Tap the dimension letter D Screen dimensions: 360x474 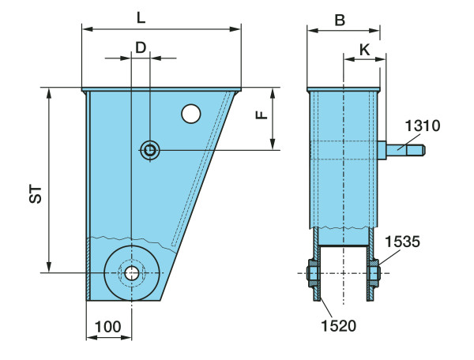point(141,47)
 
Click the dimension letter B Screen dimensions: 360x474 point(340,20)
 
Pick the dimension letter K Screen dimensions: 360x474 point(364,48)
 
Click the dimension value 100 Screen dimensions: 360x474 point(108,326)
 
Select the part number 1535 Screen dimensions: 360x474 point(403,241)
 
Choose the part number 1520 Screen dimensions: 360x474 point(339,324)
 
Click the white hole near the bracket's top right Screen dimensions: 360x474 point(190,114)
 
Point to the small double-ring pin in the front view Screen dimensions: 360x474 point(150,149)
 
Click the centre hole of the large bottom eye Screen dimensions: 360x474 point(131,273)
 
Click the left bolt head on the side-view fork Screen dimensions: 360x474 point(310,273)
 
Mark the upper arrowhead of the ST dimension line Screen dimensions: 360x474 point(50,92)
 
